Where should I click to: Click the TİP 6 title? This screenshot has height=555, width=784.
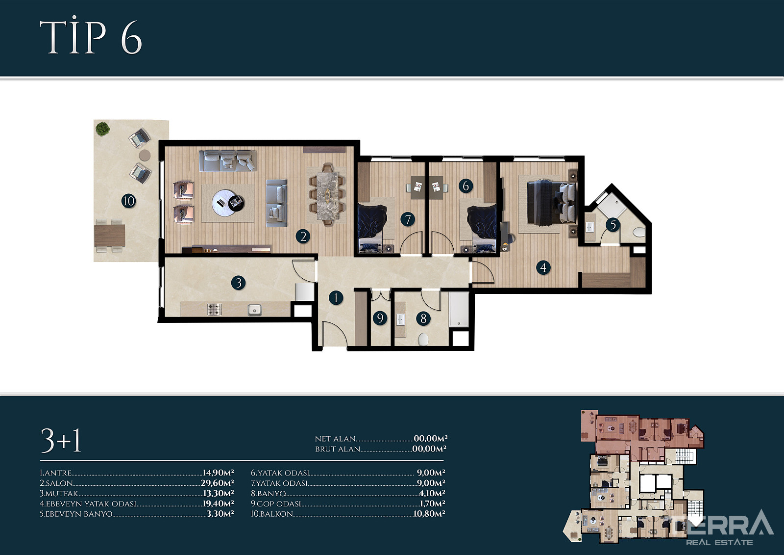coord(91,36)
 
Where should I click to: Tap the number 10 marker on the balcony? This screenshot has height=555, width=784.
coord(128,201)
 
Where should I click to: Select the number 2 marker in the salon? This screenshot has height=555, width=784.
coord(303,237)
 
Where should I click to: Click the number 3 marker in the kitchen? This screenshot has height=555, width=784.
coord(238,283)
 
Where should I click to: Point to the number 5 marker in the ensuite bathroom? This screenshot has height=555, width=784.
coord(613,225)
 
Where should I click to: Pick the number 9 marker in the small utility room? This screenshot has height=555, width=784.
coord(380,318)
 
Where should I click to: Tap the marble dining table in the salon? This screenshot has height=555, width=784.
coord(328,195)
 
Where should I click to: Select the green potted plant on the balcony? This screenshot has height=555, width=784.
coord(102,129)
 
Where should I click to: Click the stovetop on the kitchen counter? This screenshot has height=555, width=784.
coord(214,309)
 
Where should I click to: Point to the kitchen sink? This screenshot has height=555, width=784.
coord(254,310)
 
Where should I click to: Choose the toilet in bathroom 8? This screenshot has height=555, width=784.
coord(423,340)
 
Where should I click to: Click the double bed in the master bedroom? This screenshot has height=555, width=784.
coord(551,203)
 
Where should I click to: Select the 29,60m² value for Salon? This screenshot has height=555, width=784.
coord(218,483)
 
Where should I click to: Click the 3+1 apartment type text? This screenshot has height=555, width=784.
coord(61,441)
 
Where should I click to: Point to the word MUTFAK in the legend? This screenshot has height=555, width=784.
coord(62,493)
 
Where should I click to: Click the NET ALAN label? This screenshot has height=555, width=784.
coord(335,439)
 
